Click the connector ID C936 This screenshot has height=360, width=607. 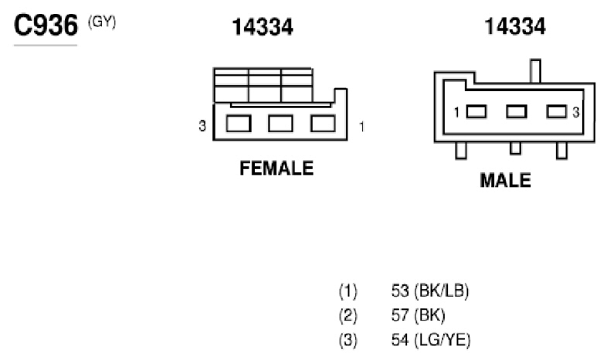(x=46, y=25)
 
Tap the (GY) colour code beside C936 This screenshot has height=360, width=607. (x=102, y=22)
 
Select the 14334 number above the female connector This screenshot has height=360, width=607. (x=263, y=27)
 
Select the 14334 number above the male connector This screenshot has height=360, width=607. (x=515, y=26)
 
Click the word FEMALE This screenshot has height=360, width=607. (x=276, y=168)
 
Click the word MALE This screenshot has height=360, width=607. (x=505, y=181)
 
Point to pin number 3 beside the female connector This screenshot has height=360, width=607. (x=202, y=126)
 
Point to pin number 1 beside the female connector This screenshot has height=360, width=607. (x=361, y=127)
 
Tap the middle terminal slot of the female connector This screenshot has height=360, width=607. (x=280, y=124)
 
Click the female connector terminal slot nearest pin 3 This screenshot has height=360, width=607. (x=239, y=124)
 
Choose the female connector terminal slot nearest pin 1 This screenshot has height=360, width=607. (x=323, y=124)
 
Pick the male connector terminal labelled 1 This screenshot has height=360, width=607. (x=476, y=112)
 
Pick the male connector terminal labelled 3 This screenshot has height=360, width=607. (x=557, y=112)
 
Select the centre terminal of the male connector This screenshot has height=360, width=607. (x=517, y=112)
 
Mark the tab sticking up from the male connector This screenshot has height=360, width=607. (x=535, y=71)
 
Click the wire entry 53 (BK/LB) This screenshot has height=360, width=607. (x=430, y=291)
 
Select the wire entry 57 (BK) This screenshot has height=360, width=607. (x=418, y=315)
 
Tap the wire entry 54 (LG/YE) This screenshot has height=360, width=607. (x=431, y=340)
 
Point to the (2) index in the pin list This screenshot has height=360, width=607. (x=348, y=316)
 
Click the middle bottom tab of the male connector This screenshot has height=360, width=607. (x=515, y=148)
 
